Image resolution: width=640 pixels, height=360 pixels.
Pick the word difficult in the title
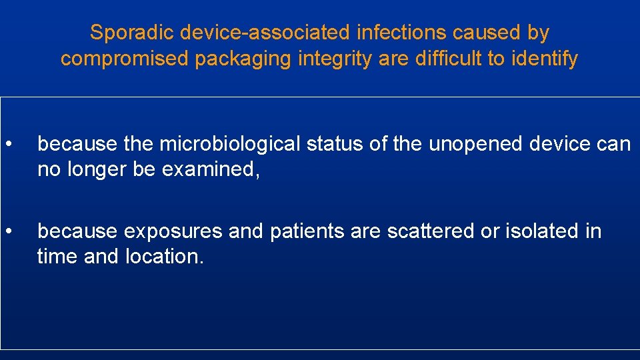click(448, 59)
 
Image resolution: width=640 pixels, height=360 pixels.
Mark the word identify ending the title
click(545, 59)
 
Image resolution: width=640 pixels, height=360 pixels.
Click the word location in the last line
click(164, 257)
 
